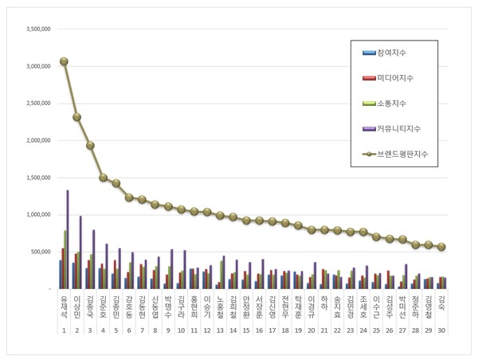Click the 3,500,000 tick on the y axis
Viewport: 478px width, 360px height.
[36, 29]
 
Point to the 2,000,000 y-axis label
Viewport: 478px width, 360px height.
[36, 140]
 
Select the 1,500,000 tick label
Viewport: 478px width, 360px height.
[36, 178]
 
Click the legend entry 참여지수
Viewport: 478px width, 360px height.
[395, 53]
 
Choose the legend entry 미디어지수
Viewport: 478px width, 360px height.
[398, 77]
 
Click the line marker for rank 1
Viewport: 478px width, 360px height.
[64, 61]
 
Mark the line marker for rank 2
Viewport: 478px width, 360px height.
[76, 117]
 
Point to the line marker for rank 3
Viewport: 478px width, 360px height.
[90, 146]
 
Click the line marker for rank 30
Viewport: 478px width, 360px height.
[441, 247]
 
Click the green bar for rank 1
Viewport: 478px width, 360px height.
[65, 259]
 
